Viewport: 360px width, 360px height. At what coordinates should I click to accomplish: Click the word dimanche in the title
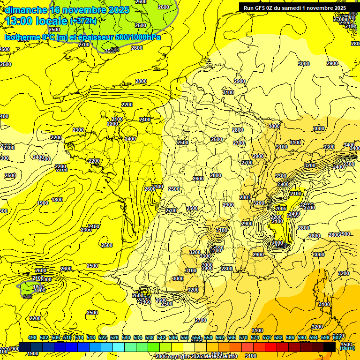(x=26, y=10)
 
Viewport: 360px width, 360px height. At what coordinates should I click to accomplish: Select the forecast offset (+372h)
(x=83, y=21)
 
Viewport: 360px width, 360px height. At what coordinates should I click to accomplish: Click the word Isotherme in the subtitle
(x=22, y=37)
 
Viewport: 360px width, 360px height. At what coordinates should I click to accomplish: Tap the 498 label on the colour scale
(x=32, y=337)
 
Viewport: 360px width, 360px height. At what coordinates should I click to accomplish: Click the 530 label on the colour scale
(x=126, y=337)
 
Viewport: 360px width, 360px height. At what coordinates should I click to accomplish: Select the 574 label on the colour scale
(x=255, y=337)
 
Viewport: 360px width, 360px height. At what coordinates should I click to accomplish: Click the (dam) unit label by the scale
(x=347, y=347)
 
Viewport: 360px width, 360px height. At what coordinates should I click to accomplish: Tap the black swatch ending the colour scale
(x=330, y=347)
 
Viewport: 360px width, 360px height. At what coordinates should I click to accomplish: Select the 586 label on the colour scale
(x=290, y=337)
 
